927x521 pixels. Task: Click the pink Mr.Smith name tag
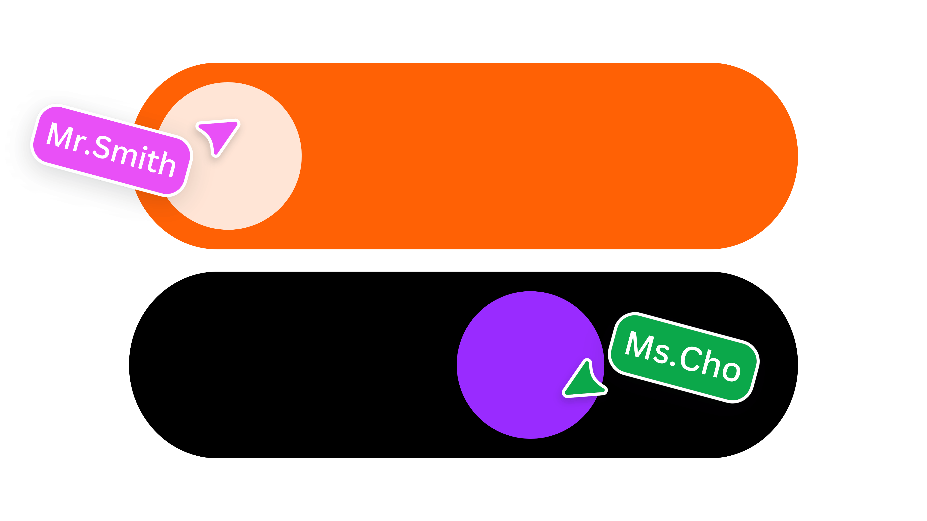[x=112, y=150]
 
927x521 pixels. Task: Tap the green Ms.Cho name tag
[x=684, y=357]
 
